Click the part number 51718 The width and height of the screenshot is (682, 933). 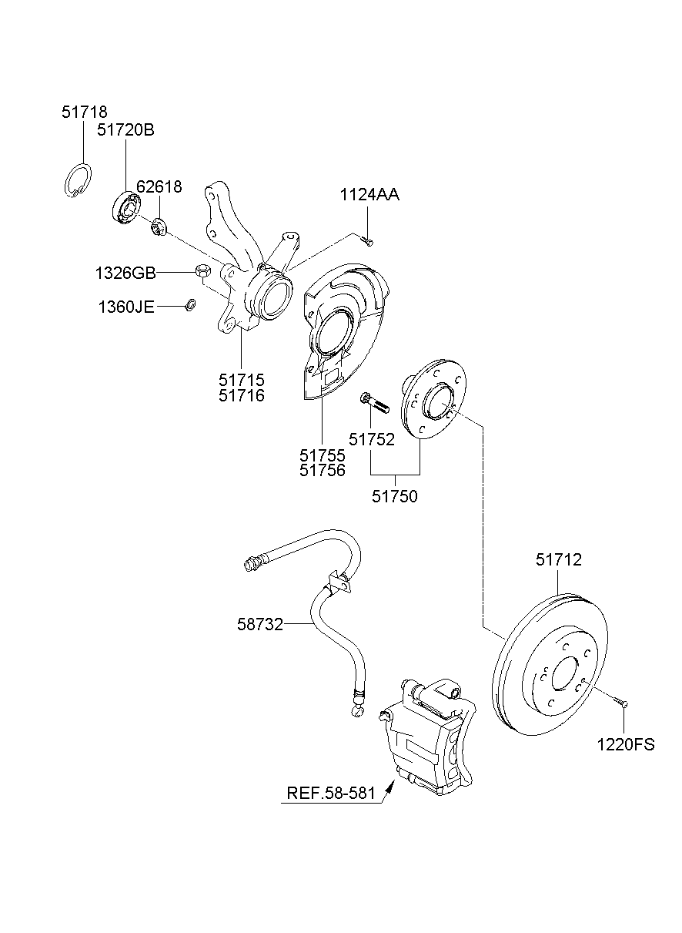click(x=85, y=112)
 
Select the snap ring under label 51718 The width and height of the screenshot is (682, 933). click(x=76, y=183)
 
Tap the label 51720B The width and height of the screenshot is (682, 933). click(x=125, y=130)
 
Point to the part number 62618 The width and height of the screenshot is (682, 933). click(x=159, y=186)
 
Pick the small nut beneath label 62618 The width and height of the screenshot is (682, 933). click(x=159, y=227)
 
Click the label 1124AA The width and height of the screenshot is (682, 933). click(x=369, y=196)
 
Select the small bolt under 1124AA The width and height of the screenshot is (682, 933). click(x=368, y=242)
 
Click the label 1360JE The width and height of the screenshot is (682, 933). click(x=126, y=307)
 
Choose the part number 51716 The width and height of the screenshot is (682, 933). click(x=241, y=396)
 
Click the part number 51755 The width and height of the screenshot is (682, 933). click(x=322, y=455)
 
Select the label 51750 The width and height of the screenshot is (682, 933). click(x=395, y=497)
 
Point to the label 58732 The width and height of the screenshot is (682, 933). click(x=259, y=624)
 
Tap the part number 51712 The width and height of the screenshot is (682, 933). click(x=559, y=560)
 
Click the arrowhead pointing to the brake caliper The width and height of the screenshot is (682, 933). click(x=390, y=787)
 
